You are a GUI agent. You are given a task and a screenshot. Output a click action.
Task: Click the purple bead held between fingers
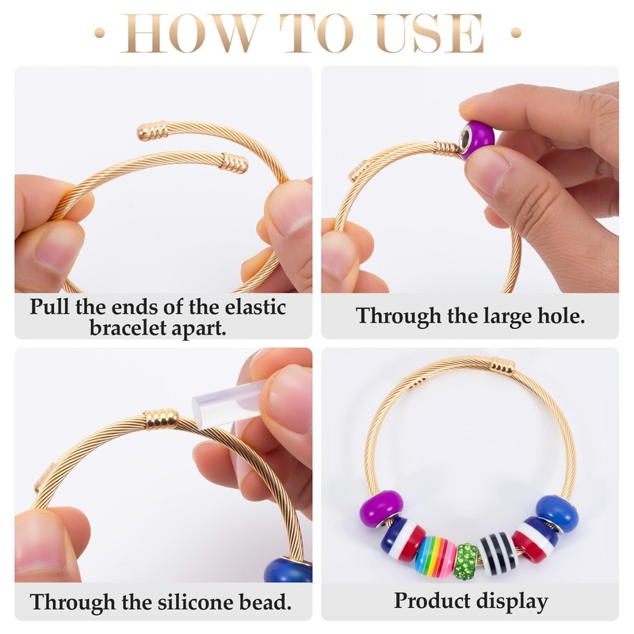point(478,140)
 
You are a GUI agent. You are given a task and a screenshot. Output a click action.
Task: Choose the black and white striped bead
point(498,553)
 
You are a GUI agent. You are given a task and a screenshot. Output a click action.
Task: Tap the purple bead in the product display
point(381,509)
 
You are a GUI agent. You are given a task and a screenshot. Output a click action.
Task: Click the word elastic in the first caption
point(255,307)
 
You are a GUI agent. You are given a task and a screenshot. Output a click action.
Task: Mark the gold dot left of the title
point(100,32)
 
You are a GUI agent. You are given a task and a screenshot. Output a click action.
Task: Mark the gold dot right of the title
point(516,32)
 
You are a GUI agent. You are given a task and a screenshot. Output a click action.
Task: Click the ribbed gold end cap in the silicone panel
point(161,419)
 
